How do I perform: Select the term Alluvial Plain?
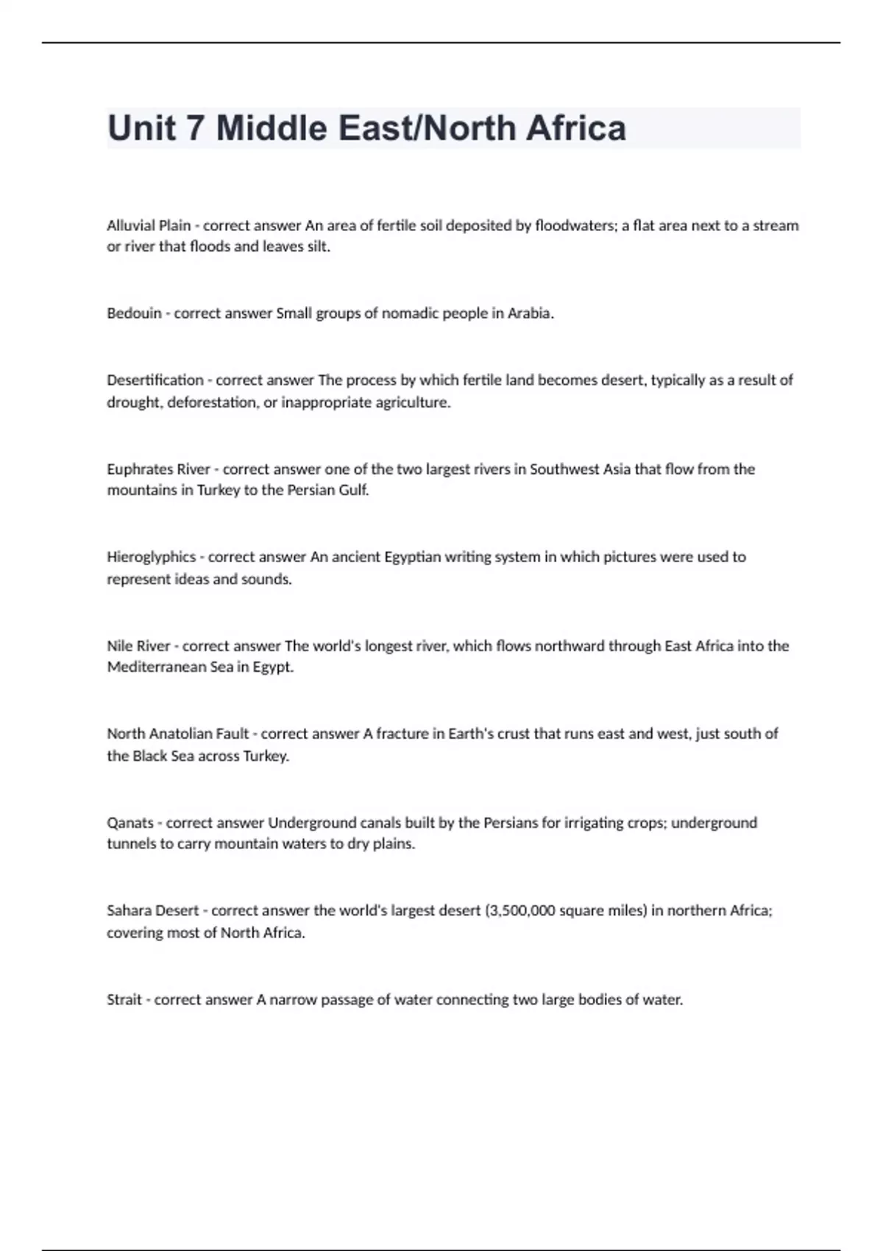[x=149, y=225]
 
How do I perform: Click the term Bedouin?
[x=134, y=313]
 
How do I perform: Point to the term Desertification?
[x=155, y=380]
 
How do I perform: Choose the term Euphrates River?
[x=159, y=469]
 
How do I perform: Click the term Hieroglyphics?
[x=152, y=557]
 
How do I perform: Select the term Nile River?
[x=138, y=646]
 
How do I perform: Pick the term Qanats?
[x=130, y=823]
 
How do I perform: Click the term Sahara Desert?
[x=153, y=911]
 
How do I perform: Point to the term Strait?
[x=124, y=1000]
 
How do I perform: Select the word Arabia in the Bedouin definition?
[x=529, y=313]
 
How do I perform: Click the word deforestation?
[x=213, y=403]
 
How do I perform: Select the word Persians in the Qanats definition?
[x=510, y=823]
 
